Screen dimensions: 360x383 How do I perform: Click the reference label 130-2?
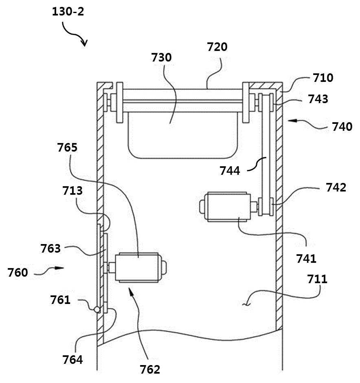[68, 11]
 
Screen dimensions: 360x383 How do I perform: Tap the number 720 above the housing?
[217, 47]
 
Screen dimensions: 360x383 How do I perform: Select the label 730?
[162, 57]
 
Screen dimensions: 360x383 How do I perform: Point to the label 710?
[323, 78]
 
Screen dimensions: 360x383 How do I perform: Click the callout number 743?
[318, 99]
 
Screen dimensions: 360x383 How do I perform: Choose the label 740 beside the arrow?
[342, 127]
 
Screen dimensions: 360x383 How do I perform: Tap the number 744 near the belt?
[230, 170]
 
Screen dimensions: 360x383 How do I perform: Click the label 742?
[336, 187]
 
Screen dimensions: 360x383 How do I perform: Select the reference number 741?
[306, 258]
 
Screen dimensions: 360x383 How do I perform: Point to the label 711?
[317, 279]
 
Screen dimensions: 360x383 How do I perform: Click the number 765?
[67, 147]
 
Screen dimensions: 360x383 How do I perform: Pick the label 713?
[72, 191]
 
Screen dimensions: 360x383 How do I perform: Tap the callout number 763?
[50, 249]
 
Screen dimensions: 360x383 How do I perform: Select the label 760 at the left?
[18, 272]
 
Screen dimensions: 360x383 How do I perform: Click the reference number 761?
[60, 300]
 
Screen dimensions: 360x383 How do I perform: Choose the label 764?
[72, 359]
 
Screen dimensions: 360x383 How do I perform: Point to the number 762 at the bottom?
[150, 369]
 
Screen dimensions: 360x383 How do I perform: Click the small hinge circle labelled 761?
[97, 310]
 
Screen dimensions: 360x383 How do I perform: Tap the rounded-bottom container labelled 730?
[182, 135]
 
